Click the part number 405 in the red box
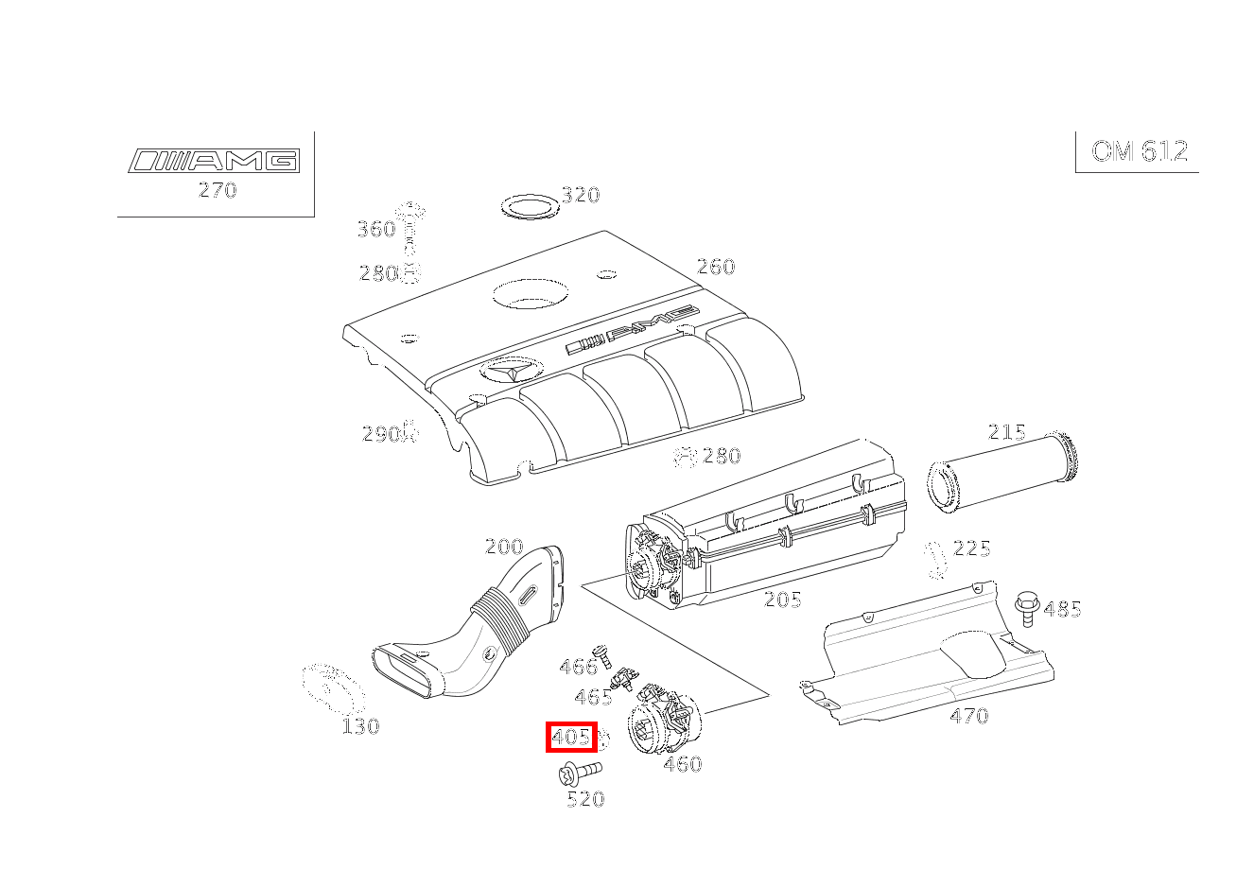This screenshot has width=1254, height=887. pos(571,737)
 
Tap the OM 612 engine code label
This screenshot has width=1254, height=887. pos(1140,151)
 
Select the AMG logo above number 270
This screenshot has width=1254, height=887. pos(214,161)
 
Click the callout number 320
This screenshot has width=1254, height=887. pos(581,195)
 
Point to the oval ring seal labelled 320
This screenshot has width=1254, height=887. pos(531,206)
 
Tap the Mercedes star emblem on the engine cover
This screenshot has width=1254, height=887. pos(511,370)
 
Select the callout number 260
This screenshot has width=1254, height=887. pos(716,267)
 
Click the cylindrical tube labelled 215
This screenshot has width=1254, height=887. pos(1003,474)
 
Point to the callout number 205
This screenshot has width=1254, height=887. pos(783,600)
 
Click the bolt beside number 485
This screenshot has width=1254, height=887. pos(1027,608)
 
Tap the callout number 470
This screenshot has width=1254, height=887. pos(969,715)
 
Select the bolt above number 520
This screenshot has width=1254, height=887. pos(580,773)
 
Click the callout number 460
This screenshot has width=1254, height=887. pos(683,764)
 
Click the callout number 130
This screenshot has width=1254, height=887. pos(360,726)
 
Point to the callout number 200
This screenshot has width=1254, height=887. pos(504,547)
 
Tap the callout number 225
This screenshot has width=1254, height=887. pos(971,548)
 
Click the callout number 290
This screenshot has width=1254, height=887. pos(381,434)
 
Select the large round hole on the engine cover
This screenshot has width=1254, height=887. pos(531,294)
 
